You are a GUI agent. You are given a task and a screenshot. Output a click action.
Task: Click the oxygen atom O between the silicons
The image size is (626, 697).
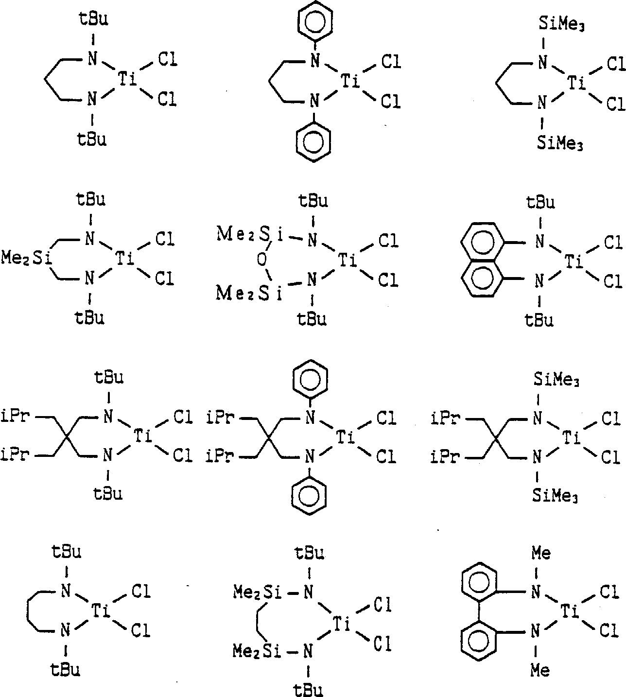[x=262, y=260]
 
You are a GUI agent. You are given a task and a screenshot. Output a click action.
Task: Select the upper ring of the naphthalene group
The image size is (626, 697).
[x=483, y=242]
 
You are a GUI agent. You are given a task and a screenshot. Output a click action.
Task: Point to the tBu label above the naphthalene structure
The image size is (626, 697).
[x=540, y=202]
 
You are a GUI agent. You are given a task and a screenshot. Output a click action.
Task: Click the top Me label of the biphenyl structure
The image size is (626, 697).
[x=540, y=553]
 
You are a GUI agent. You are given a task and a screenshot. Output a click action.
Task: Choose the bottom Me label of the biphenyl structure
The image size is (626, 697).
[x=540, y=670]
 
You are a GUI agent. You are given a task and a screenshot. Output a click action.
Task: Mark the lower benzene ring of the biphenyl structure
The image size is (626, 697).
[x=479, y=643]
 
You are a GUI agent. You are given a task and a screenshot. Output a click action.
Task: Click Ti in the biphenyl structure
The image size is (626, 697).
[x=570, y=611]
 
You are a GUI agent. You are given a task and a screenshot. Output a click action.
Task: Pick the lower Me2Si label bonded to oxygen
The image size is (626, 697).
[x=249, y=293]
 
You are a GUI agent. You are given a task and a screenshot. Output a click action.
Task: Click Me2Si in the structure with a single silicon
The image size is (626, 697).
[x=26, y=258]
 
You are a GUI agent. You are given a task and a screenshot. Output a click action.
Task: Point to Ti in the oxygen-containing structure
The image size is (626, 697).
[x=348, y=260]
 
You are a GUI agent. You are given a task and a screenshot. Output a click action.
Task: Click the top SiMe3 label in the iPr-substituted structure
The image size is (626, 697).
[x=556, y=380]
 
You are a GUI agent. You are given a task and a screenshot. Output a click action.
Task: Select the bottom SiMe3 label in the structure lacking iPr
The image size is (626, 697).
[x=559, y=143]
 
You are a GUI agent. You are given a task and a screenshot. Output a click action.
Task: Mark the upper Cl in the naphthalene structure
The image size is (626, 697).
[x=613, y=243]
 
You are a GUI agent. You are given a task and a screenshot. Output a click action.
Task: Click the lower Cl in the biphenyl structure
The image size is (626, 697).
[x=609, y=630]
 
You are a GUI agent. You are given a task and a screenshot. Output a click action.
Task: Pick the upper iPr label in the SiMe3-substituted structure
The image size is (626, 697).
[x=445, y=418]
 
